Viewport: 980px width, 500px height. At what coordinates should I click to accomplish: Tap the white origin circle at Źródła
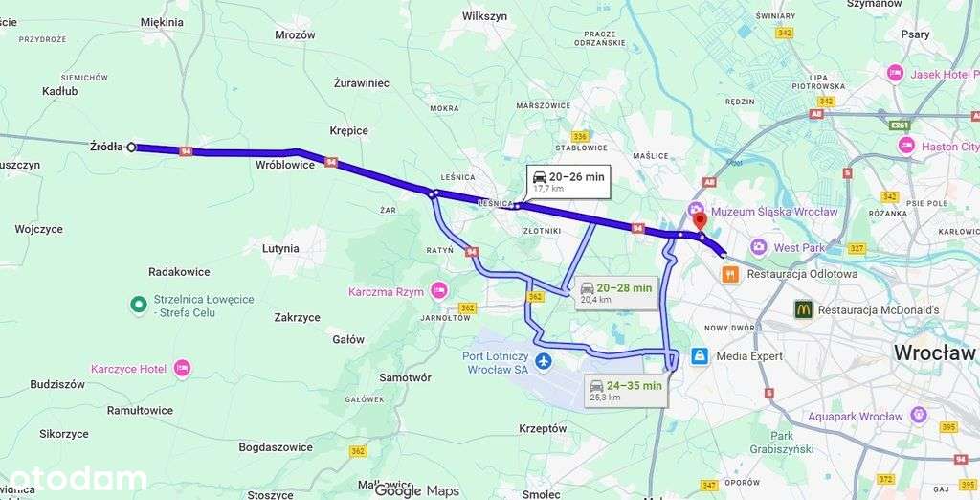(x=131, y=147)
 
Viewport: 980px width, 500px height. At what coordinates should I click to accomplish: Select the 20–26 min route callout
(x=568, y=181)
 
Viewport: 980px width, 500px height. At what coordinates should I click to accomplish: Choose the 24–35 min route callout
(x=626, y=390)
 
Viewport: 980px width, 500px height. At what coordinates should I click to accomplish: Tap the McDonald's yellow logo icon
(x=803, y=309)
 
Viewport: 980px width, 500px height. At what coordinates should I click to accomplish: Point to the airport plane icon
(x=544, y=361)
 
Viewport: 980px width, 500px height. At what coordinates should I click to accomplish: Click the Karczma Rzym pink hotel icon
(x=439, y=290)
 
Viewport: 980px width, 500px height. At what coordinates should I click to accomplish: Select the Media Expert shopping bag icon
(x=700, y=356)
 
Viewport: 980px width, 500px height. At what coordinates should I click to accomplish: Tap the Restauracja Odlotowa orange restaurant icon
(x=730, y=273)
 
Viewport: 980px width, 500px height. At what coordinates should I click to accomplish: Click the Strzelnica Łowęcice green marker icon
(x=138, y=305)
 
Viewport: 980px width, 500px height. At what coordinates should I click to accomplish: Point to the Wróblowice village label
(x=285, y=165)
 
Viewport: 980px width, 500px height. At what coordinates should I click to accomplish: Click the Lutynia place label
(x=280, y=248)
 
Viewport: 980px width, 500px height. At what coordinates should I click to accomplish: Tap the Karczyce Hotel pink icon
(x=182, y=369)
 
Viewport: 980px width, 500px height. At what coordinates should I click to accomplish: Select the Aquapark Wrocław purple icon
(x=919, y=416)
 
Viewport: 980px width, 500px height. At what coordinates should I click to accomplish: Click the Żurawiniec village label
(x=361, y=83)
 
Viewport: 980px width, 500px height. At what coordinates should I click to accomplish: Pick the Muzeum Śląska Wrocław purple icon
(x=694, y=211)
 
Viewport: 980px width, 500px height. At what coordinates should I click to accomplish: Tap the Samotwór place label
(x=405, y=377)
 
